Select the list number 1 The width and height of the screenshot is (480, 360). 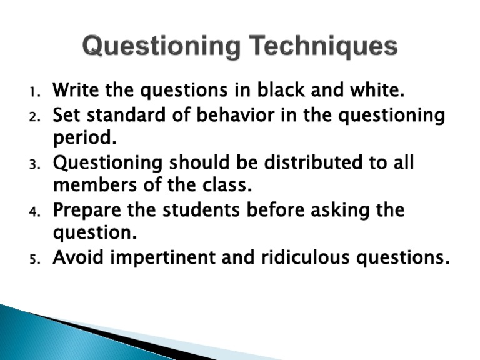(x=34, y=93)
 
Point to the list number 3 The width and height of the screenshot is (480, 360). (x=34, y=164)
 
